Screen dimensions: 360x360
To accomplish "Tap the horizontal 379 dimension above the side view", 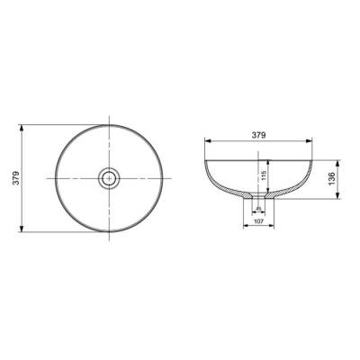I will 259,135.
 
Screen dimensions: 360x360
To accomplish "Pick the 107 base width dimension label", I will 259,221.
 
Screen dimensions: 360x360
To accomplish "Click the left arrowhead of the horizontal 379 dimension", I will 207,141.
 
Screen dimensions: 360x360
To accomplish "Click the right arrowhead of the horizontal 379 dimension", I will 313,141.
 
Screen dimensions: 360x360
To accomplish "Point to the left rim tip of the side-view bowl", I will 205,159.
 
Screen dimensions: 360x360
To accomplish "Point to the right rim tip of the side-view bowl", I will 315,159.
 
